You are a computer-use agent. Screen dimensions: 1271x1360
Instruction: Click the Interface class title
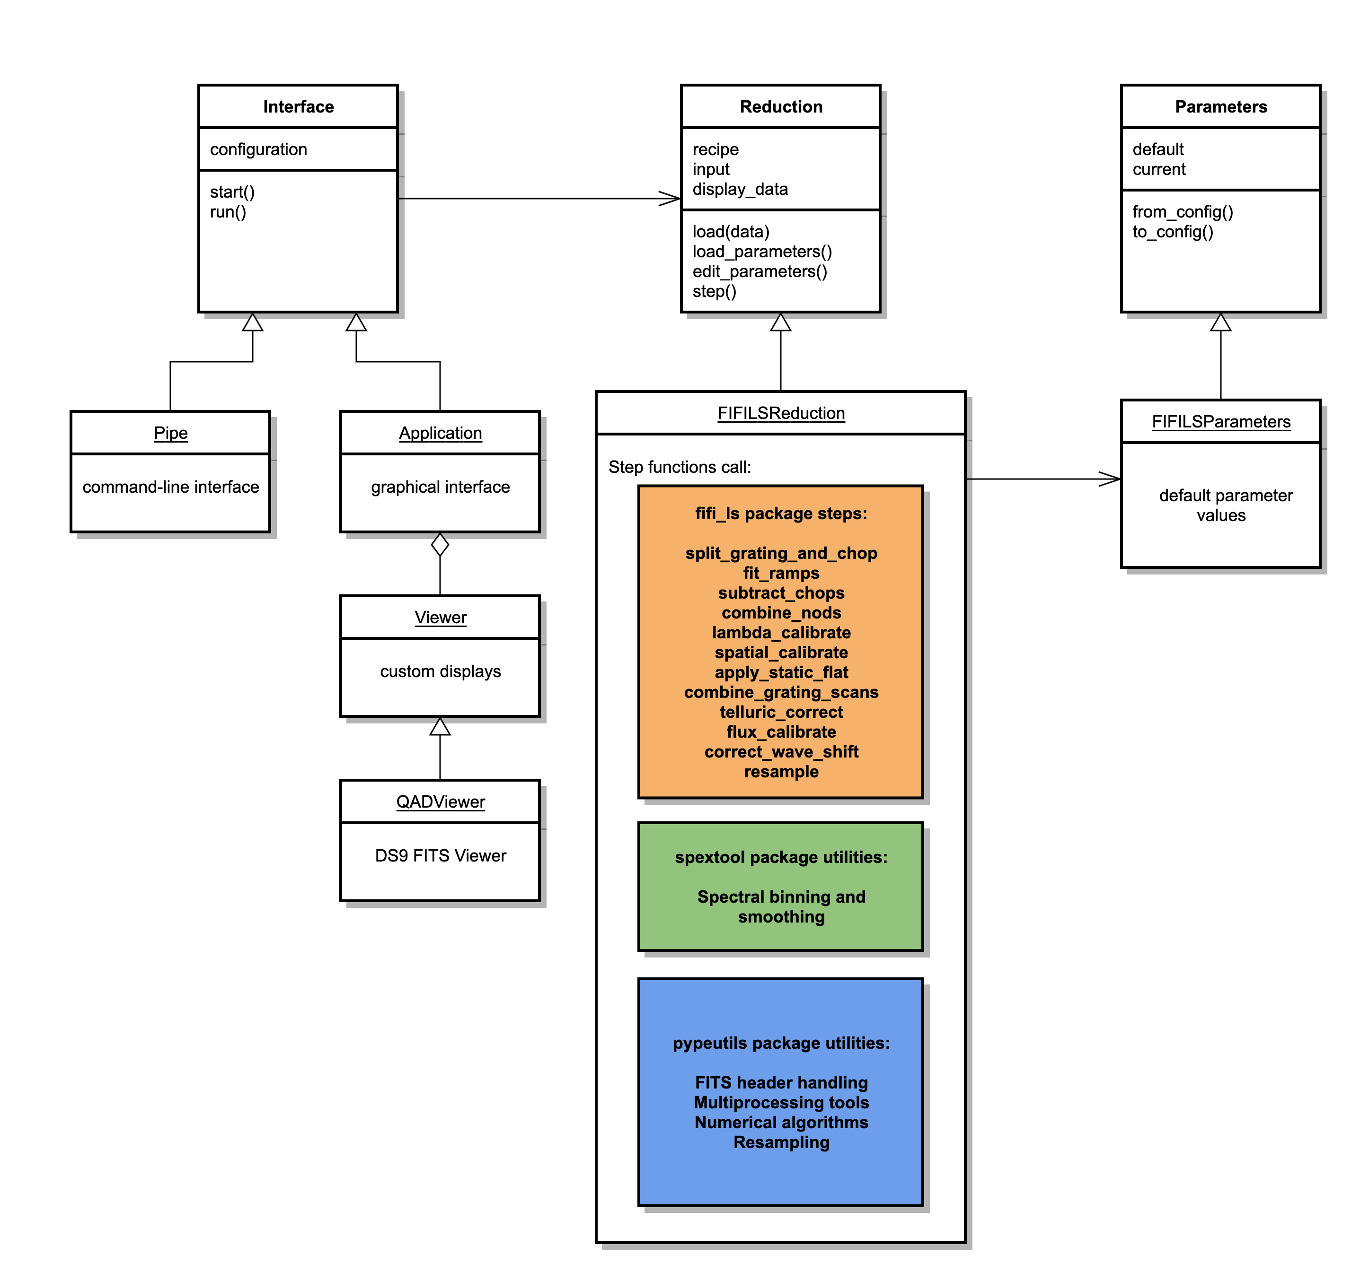(x=298, y=107)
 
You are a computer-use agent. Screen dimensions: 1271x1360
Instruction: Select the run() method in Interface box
(x=228, y=212)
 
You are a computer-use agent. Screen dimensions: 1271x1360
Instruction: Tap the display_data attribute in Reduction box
(x=740, y=190)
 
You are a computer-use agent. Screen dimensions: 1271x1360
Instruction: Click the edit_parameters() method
(x=759, y=271)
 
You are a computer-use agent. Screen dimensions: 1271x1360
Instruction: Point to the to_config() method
(x=1173, y=232)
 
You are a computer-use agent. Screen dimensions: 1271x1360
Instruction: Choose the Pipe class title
(x=170, y=433)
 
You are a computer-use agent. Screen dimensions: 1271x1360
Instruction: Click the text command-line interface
(x=170, y=487)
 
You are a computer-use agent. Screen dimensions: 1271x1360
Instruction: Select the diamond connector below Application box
(x=440, y=545)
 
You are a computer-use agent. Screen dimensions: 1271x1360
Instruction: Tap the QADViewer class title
(x=440, y=801)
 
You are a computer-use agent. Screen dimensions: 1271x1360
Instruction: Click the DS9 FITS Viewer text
(x=440, y=855)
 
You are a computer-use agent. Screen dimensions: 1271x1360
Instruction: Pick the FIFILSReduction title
(x=781, y=413)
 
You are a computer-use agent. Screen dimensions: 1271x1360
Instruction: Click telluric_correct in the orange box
(x=781, y=712)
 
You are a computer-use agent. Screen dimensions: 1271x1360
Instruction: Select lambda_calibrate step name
(x=781, y=632)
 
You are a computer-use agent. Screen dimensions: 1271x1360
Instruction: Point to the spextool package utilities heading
(x=781, y=857)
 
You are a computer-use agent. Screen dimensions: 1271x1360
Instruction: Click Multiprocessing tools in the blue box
(x=781, y=1102)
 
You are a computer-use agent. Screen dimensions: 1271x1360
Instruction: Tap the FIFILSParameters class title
(x=1220, y=422)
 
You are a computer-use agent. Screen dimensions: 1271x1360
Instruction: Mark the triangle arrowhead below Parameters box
(x=1220, y=322)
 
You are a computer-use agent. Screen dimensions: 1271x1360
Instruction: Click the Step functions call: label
(x=680, y=467)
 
